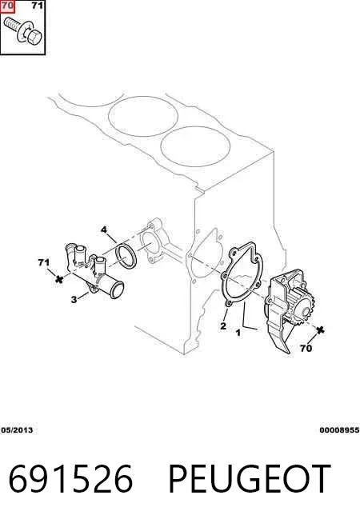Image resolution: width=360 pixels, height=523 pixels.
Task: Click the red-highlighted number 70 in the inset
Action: point(7,6)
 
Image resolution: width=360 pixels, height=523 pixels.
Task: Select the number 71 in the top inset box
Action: point(37,6)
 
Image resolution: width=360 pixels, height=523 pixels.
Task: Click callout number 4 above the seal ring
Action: point(104,230)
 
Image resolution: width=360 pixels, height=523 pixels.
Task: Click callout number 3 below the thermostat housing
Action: point(74,299)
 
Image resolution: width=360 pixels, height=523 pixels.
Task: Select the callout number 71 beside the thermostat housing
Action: point(44,263)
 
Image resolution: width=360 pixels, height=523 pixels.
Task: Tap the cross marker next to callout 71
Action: point(59,279)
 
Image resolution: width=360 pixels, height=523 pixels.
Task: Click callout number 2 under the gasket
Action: point(223,325)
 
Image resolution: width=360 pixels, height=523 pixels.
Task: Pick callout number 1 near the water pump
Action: point(238,333)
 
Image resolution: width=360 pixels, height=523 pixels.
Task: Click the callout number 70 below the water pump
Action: point(306,348)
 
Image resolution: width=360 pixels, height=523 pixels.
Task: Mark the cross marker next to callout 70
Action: point(320,330)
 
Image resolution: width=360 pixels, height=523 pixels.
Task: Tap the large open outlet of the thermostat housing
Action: point(117,289)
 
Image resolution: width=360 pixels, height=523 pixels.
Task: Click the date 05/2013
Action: point(17,430)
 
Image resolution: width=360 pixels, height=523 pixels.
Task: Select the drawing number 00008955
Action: point(339,430)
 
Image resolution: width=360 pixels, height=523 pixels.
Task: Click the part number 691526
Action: point(70,479)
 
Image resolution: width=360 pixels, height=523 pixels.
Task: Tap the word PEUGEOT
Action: point(250,479)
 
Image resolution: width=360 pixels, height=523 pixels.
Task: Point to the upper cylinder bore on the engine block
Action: point(143,116)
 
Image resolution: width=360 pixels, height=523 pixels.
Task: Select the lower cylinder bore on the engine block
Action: point(195,147)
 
